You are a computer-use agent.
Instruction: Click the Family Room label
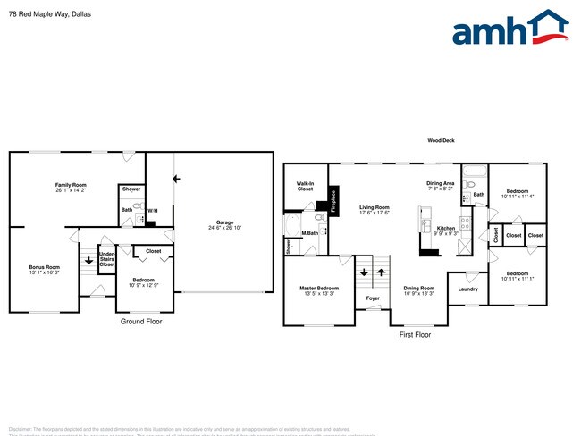[71, 187]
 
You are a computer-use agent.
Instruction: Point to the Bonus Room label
[44, 269]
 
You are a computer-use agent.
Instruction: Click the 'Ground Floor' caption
[141, 320]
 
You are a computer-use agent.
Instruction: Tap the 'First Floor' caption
[415, 334]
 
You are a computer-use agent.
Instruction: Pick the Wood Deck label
[442, 141]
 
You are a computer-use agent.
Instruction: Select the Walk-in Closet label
[306, 187]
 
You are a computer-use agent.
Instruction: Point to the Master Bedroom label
[319, 290]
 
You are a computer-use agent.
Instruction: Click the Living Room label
[375, 209]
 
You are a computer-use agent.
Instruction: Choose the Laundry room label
[468, 289]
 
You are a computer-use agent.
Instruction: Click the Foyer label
[373, 310]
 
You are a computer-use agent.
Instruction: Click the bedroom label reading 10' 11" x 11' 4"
[518, 193]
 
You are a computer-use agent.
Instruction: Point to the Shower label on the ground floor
[131, 189]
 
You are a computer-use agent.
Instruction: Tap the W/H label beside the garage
[153, 210]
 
